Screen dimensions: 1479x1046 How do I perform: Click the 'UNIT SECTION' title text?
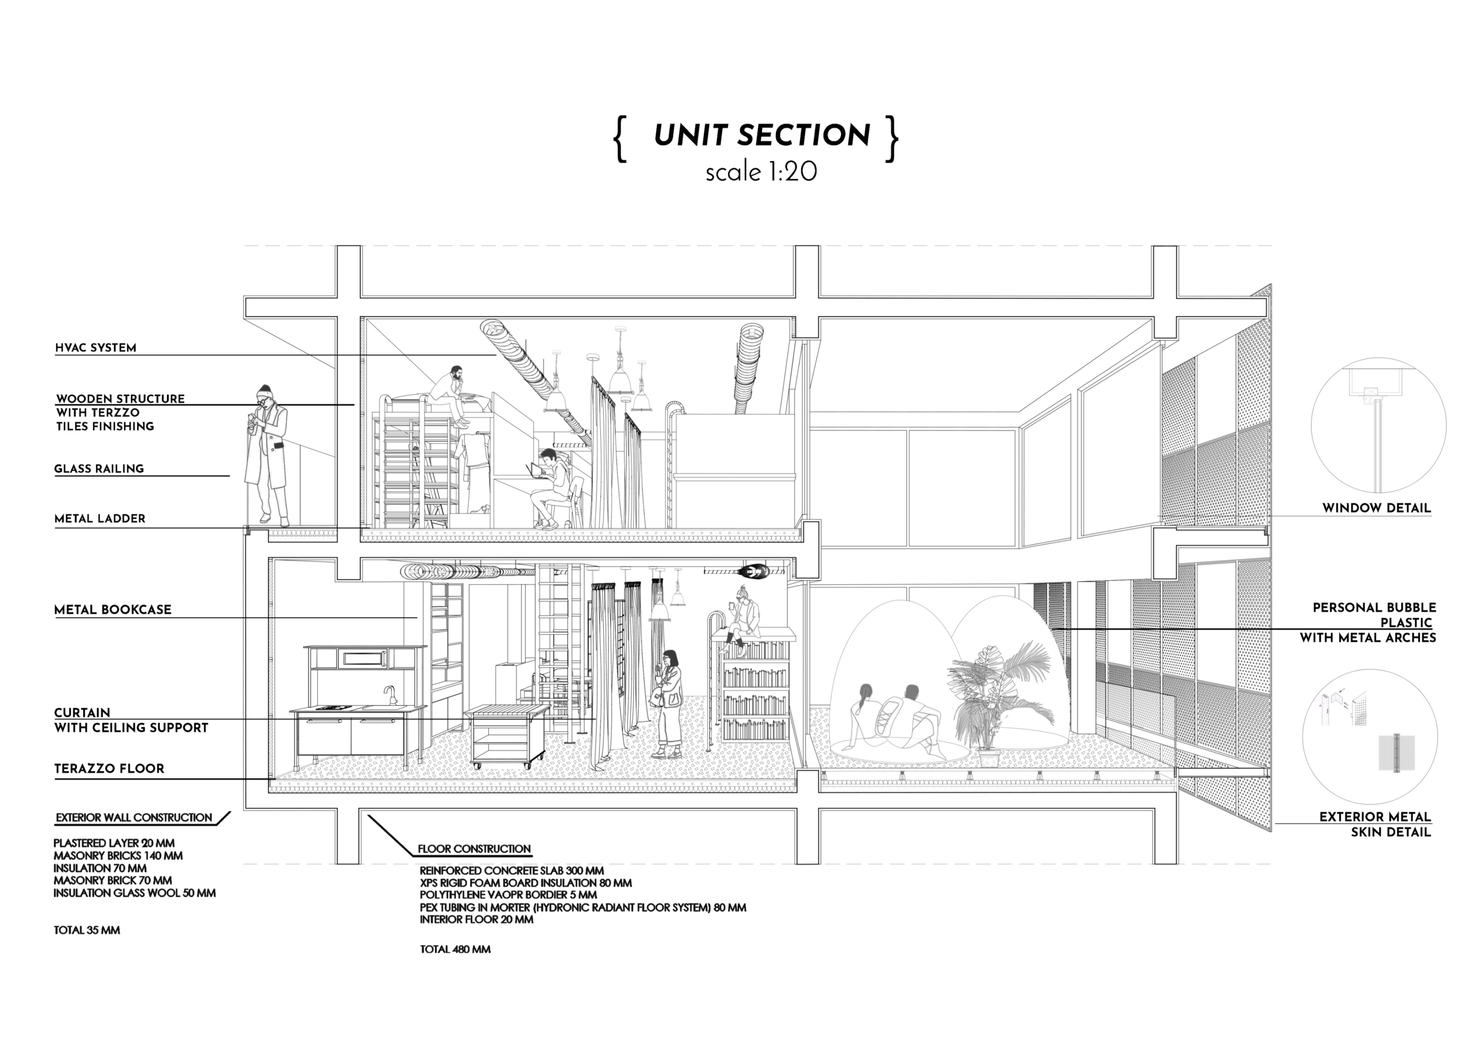[761, 135]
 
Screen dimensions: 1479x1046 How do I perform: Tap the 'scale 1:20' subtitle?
[761, 172]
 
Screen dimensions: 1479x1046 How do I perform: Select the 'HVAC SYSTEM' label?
[95, 348]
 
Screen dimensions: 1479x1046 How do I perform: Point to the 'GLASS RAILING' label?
[99, 469]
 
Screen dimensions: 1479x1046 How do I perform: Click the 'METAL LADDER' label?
[100, 519]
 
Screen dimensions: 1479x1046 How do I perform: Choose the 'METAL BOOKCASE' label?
[113, 610]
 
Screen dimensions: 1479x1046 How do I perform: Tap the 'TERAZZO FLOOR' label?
[109, 769]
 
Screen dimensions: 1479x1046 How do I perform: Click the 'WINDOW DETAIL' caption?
[1377, 509]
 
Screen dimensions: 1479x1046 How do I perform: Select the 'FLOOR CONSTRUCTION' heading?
[474, 849]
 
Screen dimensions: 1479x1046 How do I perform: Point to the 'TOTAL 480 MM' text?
[455, 949]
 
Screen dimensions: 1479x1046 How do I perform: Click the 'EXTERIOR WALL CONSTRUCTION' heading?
[133, 818]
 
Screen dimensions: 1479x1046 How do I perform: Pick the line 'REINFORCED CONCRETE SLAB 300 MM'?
[511, 871]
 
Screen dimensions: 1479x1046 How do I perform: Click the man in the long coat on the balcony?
[267, 454]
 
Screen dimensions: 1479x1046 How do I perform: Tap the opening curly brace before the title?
[620, 138]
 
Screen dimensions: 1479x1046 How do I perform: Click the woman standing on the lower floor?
[667, 704]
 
